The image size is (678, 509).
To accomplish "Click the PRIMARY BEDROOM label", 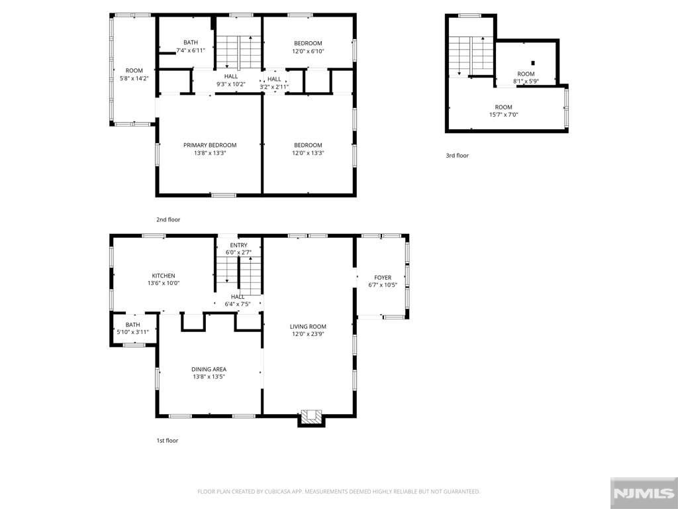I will (209, 145).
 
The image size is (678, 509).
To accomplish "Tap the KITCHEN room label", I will (164, 276).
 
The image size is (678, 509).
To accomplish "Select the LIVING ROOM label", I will (308, 326).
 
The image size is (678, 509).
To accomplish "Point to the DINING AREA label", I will (210, 369).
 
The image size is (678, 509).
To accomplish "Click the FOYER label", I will (383, 278).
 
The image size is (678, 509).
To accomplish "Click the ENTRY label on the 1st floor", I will (238, 245).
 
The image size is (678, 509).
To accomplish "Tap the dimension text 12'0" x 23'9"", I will (308, 334).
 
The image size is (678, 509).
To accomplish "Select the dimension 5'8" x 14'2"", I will (134, 78).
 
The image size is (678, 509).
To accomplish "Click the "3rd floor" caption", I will (457, 156).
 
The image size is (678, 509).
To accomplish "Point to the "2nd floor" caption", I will (168, 219).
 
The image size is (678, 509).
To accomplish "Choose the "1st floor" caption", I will (168, 440).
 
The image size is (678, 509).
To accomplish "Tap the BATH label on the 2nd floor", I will (191, 42).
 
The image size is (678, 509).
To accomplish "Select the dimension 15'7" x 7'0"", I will (503, 115).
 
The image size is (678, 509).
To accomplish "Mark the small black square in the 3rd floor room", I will (532, 63).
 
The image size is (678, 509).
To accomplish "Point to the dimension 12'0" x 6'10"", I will (308, 51).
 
